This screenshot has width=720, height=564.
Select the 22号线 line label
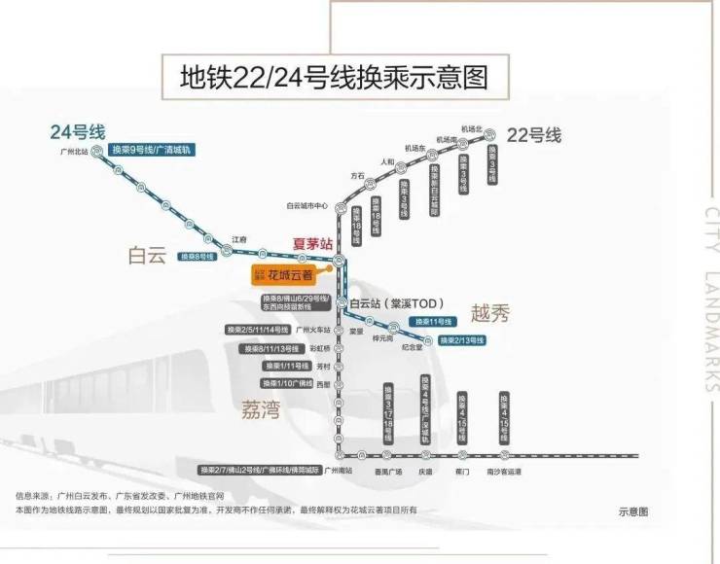point(534,135)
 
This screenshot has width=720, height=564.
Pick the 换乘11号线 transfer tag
point(433,322)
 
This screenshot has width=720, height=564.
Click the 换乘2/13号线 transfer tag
point(462,340)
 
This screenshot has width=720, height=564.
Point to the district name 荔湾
point(260,409)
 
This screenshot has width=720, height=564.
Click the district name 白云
point(147,255)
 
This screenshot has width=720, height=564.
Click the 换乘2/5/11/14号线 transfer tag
point(258,330)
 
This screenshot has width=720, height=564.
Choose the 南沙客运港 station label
point(504,471)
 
